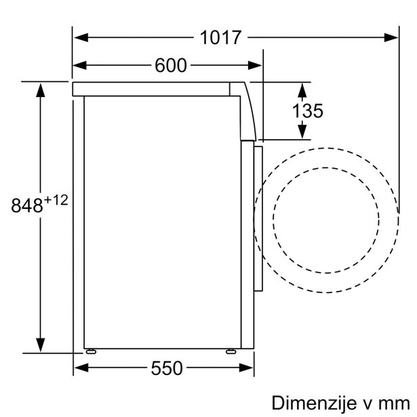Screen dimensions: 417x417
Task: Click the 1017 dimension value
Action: click(220, 37)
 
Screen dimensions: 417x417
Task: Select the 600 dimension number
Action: click(171, 65)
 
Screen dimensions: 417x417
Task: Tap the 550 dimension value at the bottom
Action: click(167, 368)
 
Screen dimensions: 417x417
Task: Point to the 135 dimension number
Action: click(308, 111)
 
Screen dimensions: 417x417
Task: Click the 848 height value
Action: click(27, 205)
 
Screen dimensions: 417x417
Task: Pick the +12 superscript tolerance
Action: click(56, 200)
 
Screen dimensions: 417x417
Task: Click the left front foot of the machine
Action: click(91, 351)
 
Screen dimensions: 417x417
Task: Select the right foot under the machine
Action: click(231, 351)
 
